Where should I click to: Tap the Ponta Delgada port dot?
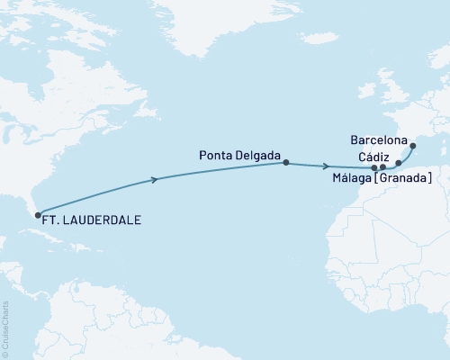pos(286,163)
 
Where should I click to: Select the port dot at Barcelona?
pos(412,146)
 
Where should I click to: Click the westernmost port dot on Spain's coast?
pos(374,167)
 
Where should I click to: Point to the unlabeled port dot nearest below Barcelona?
pos(399,164)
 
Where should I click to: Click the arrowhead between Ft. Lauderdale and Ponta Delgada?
pos(157,180)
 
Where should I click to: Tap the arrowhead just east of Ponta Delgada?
pos(326,166)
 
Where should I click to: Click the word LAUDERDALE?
pos(103,219)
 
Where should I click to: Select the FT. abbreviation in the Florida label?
pos(55,219)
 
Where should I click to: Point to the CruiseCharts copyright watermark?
pos(5,328)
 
